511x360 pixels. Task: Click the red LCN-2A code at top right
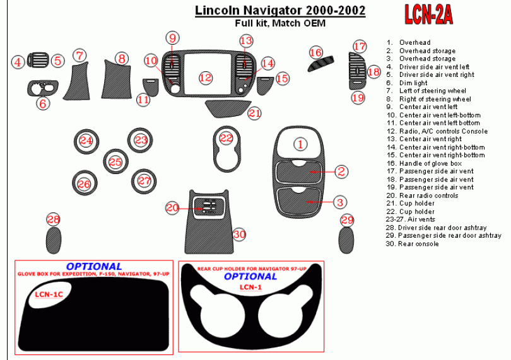tap(428, 15)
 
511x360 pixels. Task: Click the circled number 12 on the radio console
tap(206, 78)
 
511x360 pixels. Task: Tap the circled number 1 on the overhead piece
tap(300, 144)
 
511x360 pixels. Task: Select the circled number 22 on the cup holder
tap(226, 138)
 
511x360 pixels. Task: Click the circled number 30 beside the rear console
tap(239, 235)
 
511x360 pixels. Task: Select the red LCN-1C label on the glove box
tap(49, 294)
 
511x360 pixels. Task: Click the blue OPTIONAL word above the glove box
tap(94, 267)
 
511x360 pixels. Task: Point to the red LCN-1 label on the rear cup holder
tap(250, 287)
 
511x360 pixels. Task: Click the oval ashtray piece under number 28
tap(54, 240)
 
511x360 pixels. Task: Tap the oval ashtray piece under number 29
tap(346, 240)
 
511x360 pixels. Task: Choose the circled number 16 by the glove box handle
tap(315, 52)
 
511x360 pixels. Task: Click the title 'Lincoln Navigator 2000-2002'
tap(280, 11)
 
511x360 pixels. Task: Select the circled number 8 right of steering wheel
tap(122, 59)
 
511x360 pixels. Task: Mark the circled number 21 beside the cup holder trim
tap(254, 113)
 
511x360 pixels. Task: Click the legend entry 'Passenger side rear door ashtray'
tap(443, 236)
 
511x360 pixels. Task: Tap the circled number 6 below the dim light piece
tap(43, 103)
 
